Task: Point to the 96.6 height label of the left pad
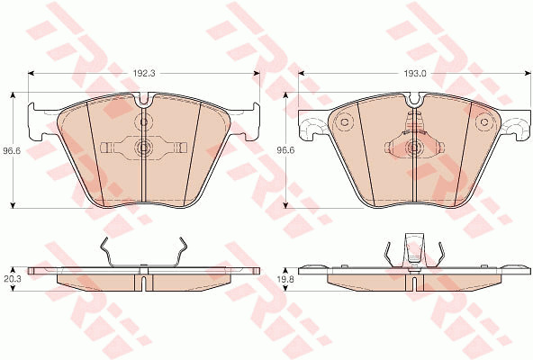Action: point(12,150)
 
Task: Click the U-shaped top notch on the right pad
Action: point(414,99)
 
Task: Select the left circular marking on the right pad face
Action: point(343,122)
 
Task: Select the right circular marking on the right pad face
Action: point(483,122)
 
